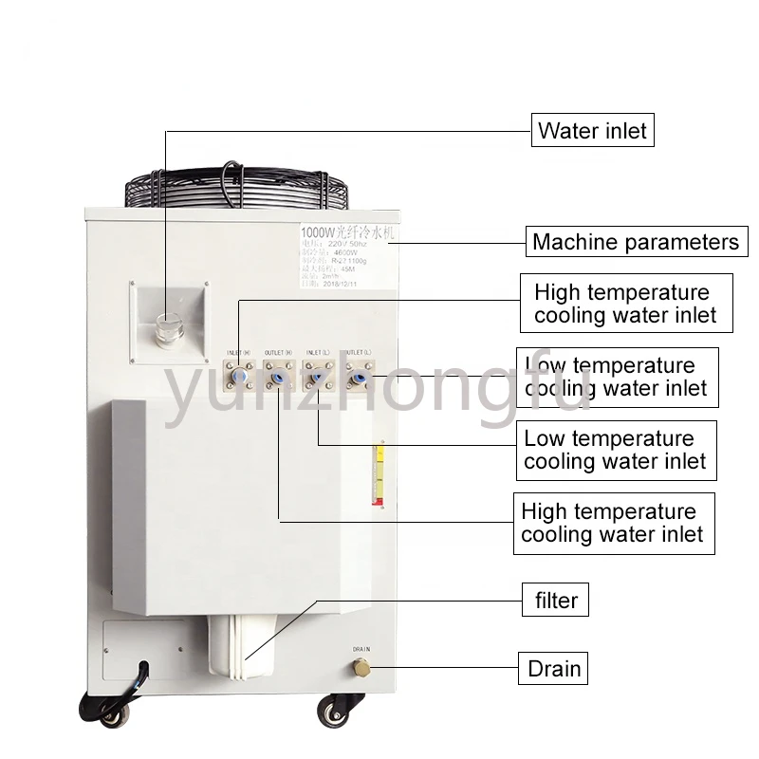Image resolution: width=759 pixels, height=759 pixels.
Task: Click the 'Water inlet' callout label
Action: pyautogui.click(x=592, y=130)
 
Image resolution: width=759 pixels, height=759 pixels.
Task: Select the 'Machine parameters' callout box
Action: pyautogui.click(x=635, y=242)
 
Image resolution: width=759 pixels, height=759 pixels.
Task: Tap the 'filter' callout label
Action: pyautogui.click(x=556, y=600)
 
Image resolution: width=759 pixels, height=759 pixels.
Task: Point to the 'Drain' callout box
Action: pyautogui.click(x=553, y=668)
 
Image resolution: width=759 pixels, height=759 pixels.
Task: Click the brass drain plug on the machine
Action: pyautogui.click(x=361, y=669)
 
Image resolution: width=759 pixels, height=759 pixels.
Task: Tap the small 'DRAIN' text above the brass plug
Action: pyautogui.click(x=361, y=650)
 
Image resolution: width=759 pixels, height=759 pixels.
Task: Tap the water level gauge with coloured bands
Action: pyautogui.click(x=379, y=474)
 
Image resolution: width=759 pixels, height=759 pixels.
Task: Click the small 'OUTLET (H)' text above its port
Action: pyautogui.click(x=279, y=354)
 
